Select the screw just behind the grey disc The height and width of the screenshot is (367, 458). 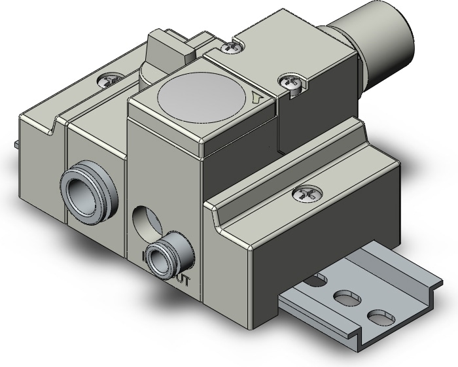(x=228, y=46)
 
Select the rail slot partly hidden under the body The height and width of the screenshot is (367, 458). (x=317, y=281)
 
